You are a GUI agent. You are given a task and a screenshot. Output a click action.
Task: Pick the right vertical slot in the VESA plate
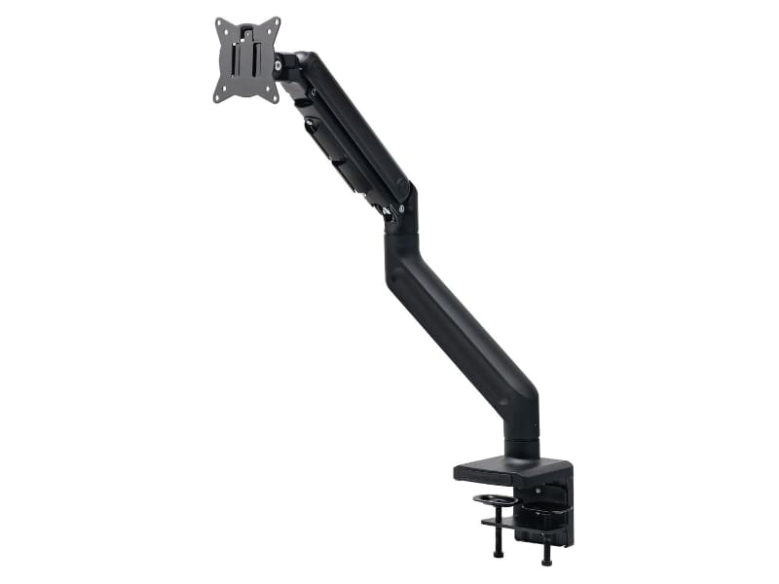tap(256, 57)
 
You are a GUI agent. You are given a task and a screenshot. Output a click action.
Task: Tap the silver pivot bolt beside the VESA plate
tap(281, 65)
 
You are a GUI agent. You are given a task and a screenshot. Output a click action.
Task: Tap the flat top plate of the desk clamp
tap(506, 469)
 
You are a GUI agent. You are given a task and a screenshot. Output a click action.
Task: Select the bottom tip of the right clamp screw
tap(546, 562)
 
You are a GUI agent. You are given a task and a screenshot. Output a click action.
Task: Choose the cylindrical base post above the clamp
tap(523, 443)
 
